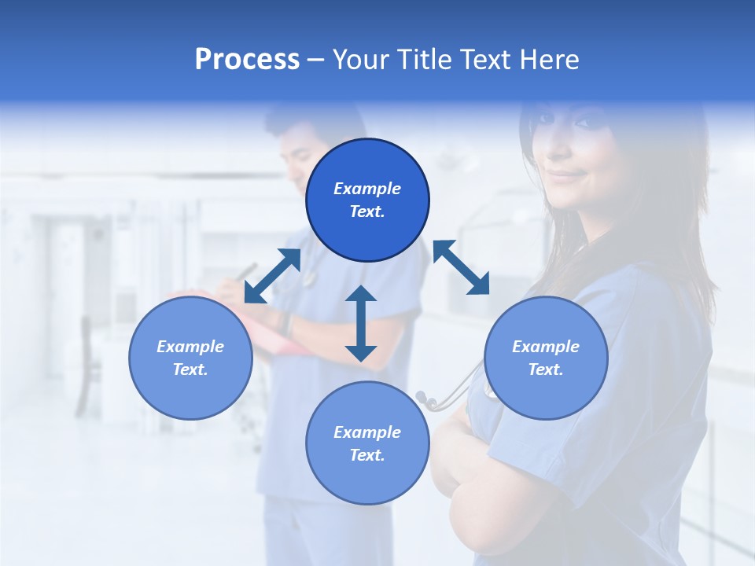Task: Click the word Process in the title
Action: (247, 60)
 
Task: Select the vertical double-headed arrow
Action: (361, 323)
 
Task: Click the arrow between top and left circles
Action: (272, 276)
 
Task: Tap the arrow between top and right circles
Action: (461, 267)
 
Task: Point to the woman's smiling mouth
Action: (568, 175)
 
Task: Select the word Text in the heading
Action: (489, 60)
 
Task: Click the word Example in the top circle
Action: (367, 189)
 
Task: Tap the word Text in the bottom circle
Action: (367, 455)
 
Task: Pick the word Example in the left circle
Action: (190, 347)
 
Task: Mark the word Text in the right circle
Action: (546, 369)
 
